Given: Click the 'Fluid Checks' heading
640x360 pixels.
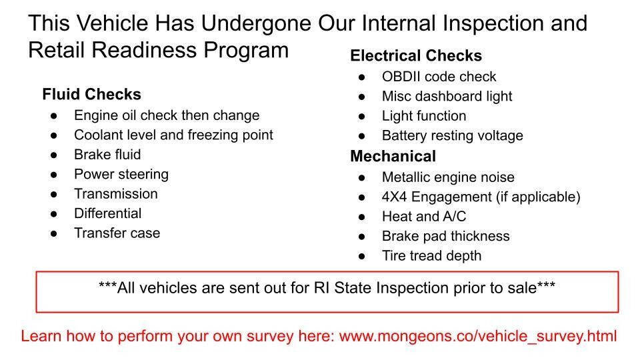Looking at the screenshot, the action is pyautogui.click(x=92, y=94).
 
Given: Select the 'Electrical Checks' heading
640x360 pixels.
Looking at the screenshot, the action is pyautogui.click(x=416, y=55).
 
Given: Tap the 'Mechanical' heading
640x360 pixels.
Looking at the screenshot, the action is pyautogui.click(x=393, y=156).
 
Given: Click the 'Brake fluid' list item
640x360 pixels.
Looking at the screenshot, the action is pyautogui.click(x=107, y=155).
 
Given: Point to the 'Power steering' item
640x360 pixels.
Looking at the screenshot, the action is pyautogui.click(x=121, y=175).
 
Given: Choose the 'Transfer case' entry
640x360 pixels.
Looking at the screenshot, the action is pyautogui.click(x=117, y=233).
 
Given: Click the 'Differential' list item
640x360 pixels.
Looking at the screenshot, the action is pyautogui.click(x=108, y=213).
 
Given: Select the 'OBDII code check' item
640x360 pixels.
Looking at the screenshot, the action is pyautogui.click(x=439, y=77).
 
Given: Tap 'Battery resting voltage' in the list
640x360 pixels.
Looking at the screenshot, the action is pyautogui.click(x=452, y=136).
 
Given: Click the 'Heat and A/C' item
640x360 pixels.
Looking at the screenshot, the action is pyautogui.click(x=424, y=216).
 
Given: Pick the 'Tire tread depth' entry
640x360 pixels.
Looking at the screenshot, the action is pyautogui.click(x=431, y=256).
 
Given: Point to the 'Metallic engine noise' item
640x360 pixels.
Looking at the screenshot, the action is pyautogui.click(x=448, y=177).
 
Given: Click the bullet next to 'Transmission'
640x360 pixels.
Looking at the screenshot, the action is pyautogui.click(x=54, y=194).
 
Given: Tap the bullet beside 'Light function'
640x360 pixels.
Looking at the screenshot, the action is pyautogui.click(x=361, y=116).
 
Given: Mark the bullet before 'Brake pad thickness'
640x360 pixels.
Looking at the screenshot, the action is pyautogui.click(x=361, y=237).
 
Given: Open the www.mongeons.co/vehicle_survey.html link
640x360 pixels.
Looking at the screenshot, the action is pyautogui.click(x=477, y=337).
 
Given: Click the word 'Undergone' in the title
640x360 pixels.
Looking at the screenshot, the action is pyautogui.click(x=256, y=23).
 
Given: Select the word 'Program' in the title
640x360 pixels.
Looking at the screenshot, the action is pyautogui.click(x=246, y=51).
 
